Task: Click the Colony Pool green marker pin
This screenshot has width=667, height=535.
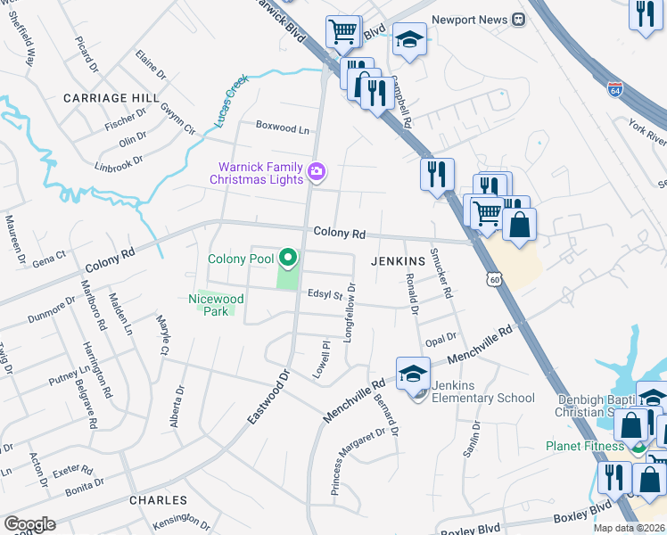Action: [287, 259]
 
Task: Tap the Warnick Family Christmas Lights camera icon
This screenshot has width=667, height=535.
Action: [316, 170]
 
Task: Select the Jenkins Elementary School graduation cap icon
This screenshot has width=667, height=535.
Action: [413, 374]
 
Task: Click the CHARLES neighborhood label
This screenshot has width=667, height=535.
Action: [158, 500]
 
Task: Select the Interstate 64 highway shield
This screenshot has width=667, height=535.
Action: [615, 89]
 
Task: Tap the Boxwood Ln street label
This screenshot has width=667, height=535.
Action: [283, 128]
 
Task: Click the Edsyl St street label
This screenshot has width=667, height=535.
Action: [325, 293]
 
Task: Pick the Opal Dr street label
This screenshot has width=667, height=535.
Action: [441, 338]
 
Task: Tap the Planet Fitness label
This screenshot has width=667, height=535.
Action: [586, 446]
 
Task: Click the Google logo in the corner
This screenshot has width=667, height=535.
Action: [29, 524]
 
